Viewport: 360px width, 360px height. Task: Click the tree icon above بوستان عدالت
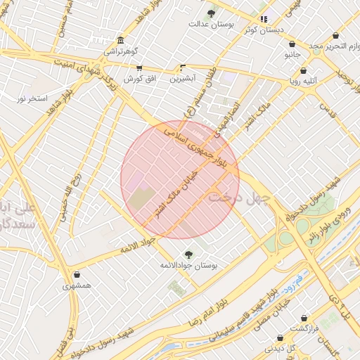[212, 13]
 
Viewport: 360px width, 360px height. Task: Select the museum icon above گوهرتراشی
[121, 40]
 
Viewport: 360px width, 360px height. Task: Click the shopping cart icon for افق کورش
[139, 68]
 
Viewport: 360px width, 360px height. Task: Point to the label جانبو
[292, 54]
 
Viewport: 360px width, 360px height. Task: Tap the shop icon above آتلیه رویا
[304, 71]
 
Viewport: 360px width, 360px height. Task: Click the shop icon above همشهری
[76, 275]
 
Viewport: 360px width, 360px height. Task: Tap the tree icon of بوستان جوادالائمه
[188, 254]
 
